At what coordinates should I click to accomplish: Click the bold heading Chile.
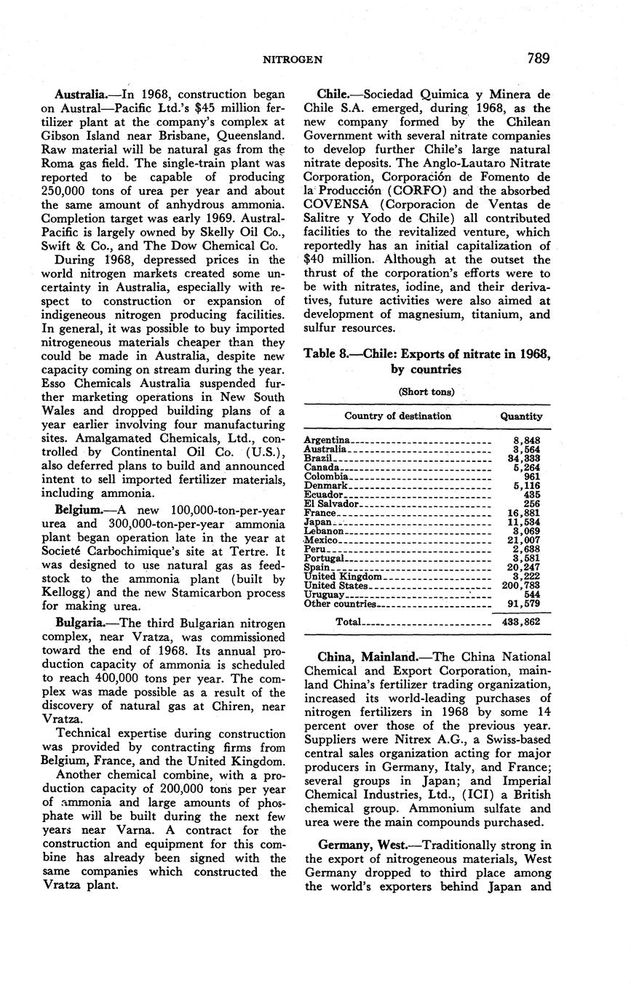coord(336,95)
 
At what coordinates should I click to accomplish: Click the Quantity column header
coord(521,416)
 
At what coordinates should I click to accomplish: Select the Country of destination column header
coord(397,416)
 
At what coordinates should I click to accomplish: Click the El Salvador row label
coord(331,503)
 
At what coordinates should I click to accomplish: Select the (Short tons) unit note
coord(426,391)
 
